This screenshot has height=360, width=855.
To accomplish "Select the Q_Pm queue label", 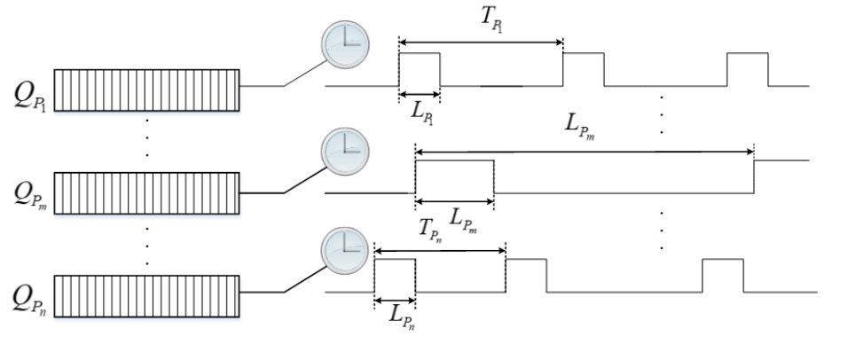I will (x=30, y=192).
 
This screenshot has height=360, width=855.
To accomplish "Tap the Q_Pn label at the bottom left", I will (x=30, y=293).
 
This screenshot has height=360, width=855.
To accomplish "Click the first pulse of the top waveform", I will (x=419, y=69).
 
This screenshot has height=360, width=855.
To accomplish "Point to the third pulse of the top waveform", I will (x=747, y=69).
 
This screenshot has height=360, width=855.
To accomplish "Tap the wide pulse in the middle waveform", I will (x=454, y=176).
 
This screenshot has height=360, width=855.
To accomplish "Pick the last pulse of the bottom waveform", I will (x=722, y=275).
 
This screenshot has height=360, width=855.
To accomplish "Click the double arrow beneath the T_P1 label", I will (x=481, y=42).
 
